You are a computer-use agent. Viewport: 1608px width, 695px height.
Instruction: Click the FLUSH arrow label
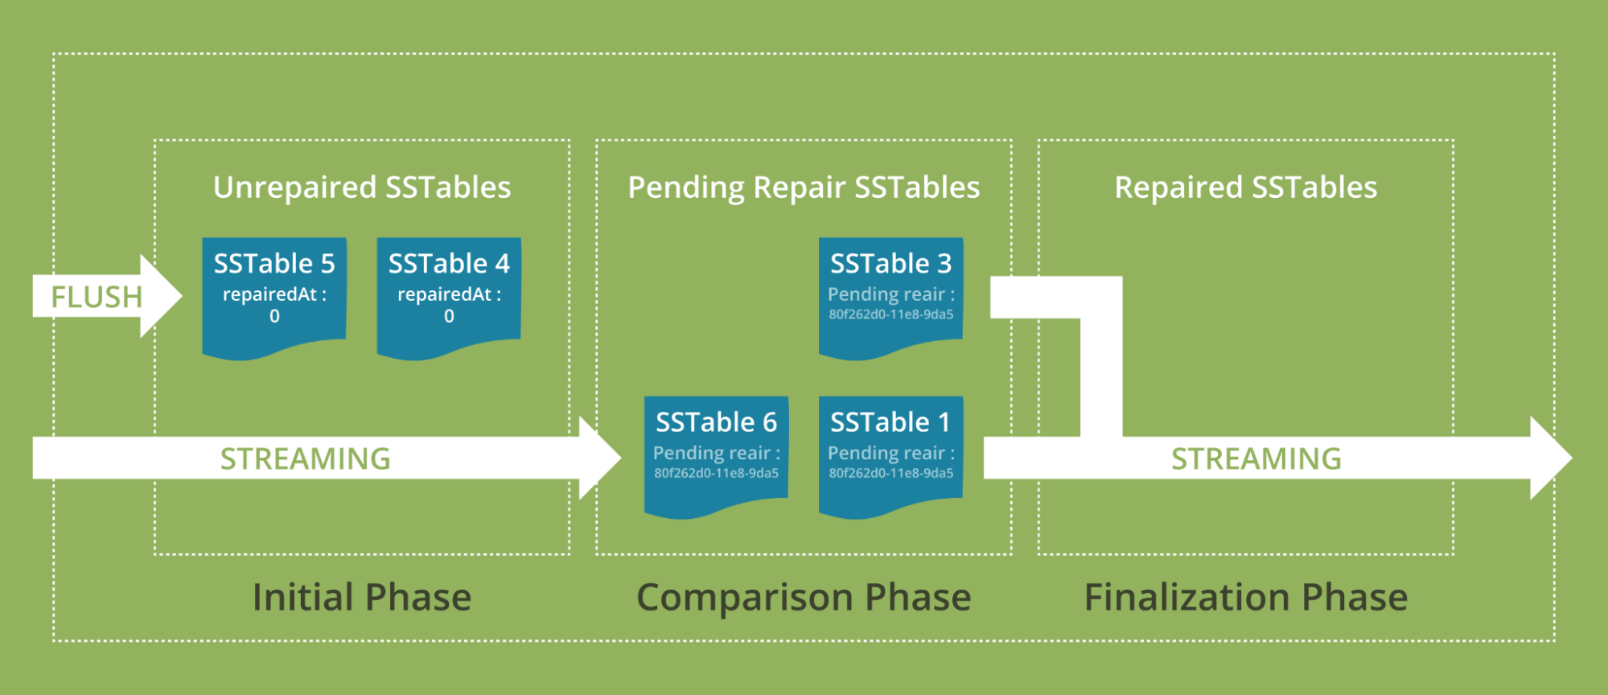pyautogui.click(x=97, y=297)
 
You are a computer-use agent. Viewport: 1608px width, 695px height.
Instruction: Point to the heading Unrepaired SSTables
pyautogui.click(x=362, y=187)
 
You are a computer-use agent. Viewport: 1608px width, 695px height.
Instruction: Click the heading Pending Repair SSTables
pyautogui.click(x=804, y=187)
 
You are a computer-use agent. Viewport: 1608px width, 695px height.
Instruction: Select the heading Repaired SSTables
pyautogui.click(x=1245, y=187)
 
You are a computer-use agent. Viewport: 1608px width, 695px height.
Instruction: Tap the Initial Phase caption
pyautogui.click(x=362, y=597)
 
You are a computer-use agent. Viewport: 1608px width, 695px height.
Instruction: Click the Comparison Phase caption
pyautogui.click(x=804, y=597)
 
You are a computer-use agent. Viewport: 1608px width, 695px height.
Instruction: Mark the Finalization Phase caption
pyautogui.click(x=1245, y=597)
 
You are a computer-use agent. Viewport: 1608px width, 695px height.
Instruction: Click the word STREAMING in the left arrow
pyautogui.click(x=306, y=459)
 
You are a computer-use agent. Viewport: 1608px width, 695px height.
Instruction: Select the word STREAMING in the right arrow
pyautogui.click(x=1256, y=459)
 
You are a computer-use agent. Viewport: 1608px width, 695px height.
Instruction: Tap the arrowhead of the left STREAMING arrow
pyautogui.click(x=599, y=458)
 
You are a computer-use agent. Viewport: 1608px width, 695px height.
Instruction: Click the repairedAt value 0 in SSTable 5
pyautogui.click(x=274, y=317)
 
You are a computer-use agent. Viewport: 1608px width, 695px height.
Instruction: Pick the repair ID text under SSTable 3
pyautogui.click(x=891, y=315)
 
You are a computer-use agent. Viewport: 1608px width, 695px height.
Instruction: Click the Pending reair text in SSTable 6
pyautogui.click(x=716, y=453)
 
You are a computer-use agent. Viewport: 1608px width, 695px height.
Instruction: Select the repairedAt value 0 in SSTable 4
pyautogui.click(x=449, y=317)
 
